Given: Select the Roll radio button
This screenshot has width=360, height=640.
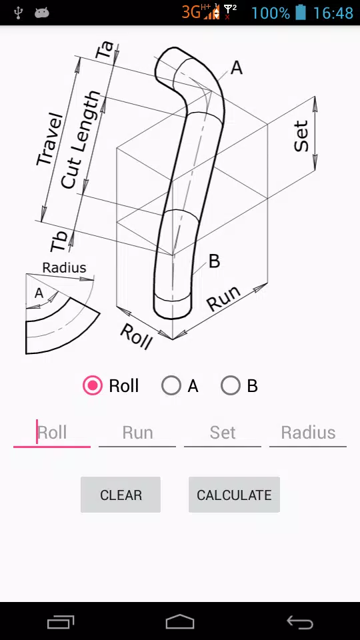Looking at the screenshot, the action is (93, 386).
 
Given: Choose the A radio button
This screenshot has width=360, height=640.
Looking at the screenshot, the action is (171, 386).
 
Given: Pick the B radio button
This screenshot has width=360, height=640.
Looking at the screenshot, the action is (230, 386).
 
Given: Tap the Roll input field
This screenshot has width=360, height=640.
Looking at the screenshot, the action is (52, 433).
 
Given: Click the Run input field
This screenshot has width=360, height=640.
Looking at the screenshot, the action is (137, 433).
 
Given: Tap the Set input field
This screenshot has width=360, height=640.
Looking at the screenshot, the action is (223, 433).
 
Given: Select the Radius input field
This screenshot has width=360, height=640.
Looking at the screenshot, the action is (308, 433).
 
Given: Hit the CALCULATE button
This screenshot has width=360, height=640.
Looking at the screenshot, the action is (234, 495).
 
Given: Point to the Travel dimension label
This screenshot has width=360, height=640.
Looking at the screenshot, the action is (50, 139).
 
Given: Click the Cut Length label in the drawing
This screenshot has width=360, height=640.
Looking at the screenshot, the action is (81, 139).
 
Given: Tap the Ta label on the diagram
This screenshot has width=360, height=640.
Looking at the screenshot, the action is (105, 50).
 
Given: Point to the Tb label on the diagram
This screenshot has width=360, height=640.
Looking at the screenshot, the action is (59, 241).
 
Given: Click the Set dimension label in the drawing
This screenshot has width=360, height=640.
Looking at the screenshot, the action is (301, 136).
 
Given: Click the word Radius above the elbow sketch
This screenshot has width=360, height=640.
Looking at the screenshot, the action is (65, 268).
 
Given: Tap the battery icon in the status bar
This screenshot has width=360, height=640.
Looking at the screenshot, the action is (301, 13).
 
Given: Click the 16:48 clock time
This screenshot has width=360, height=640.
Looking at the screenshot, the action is (333, 13).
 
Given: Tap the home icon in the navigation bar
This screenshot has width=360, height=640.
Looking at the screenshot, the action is (179, 622).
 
